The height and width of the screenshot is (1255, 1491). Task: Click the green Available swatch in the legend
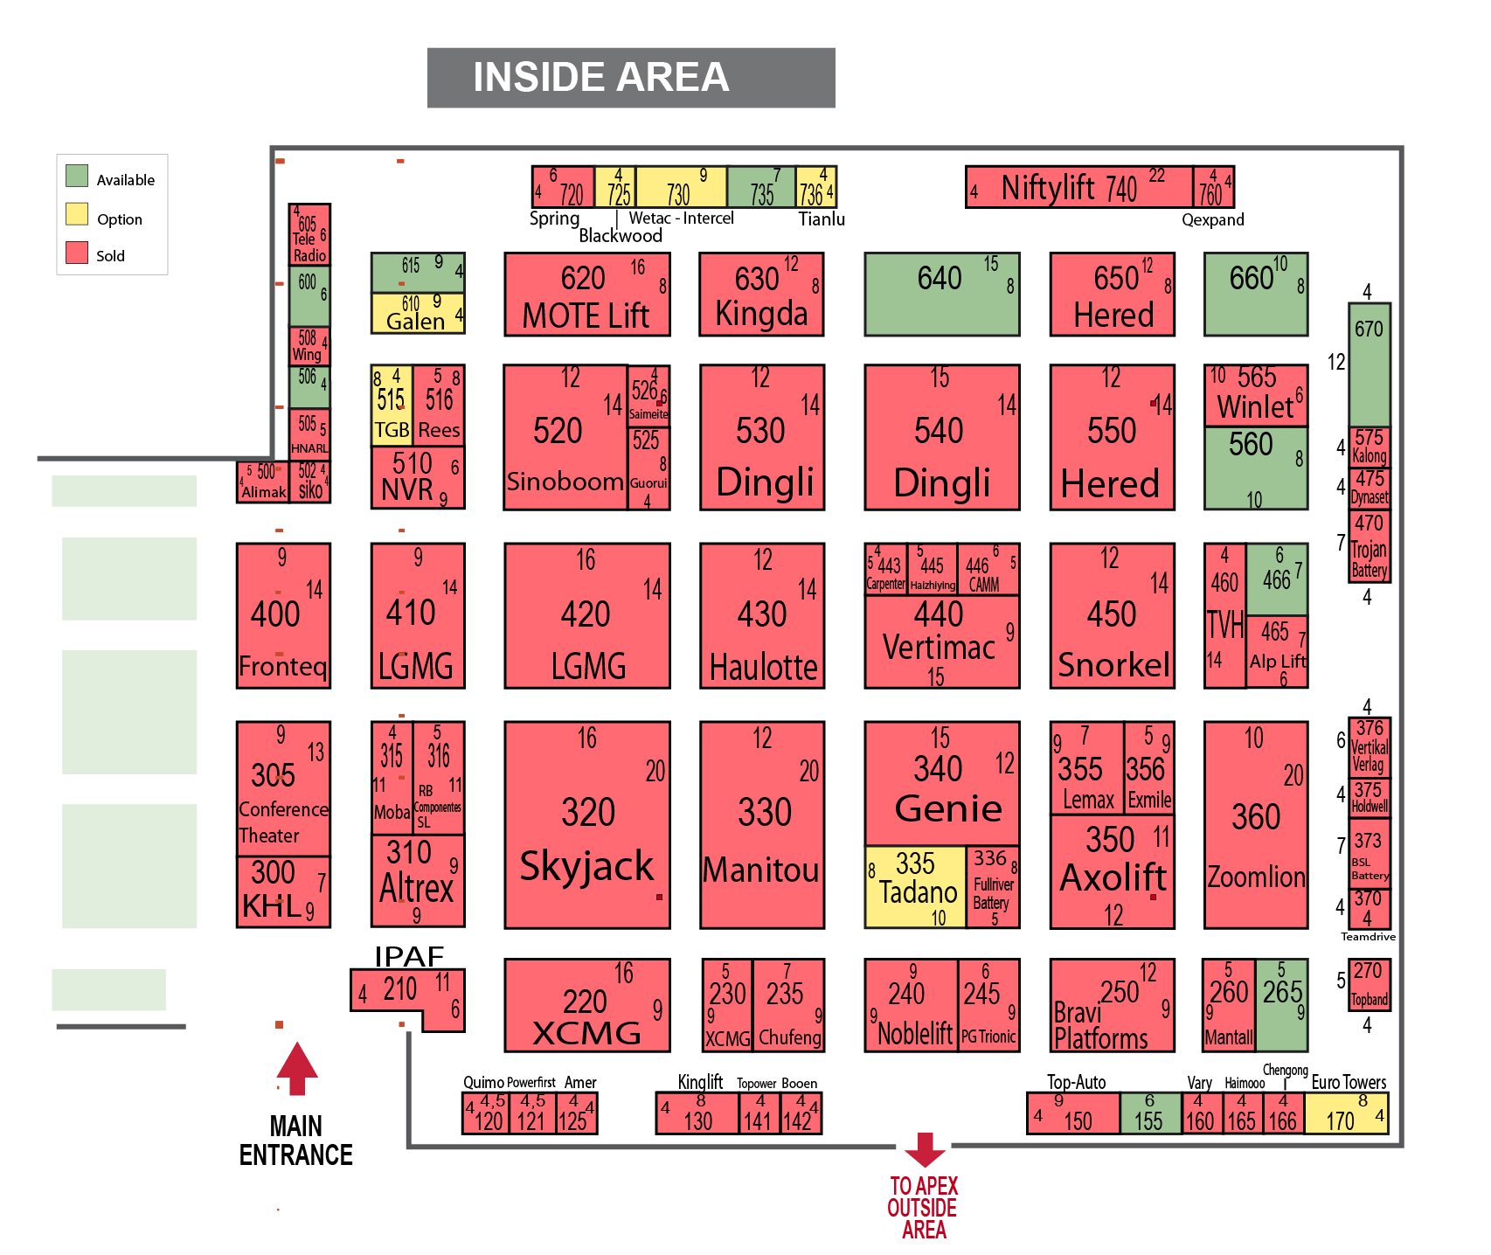click(77, 176)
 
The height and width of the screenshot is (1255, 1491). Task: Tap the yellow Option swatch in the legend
click(77, 214)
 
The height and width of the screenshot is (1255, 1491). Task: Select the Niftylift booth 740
click(1078, 187)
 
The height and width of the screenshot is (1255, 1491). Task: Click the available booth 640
click(941, 295)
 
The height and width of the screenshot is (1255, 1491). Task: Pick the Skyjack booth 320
click(586, 824)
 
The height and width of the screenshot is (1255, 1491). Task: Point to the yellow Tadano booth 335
click(915, 886)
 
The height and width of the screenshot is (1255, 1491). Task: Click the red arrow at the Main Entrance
click(297, 1067)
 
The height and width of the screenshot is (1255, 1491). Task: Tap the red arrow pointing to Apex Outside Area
click(925, 1149)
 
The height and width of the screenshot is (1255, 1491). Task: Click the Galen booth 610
click(417, 313)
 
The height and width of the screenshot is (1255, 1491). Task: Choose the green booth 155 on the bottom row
click(1149, 1113)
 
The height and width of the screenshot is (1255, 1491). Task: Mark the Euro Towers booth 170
click(1345, 1113)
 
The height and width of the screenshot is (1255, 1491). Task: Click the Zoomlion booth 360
click(1255, 824)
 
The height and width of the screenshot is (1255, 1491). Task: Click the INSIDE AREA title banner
click(630, 78)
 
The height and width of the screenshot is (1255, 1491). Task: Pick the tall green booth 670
click(1369, 364)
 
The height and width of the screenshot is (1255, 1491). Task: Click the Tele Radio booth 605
click(309, 235)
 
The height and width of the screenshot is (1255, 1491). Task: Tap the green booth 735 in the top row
click(760, 187)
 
